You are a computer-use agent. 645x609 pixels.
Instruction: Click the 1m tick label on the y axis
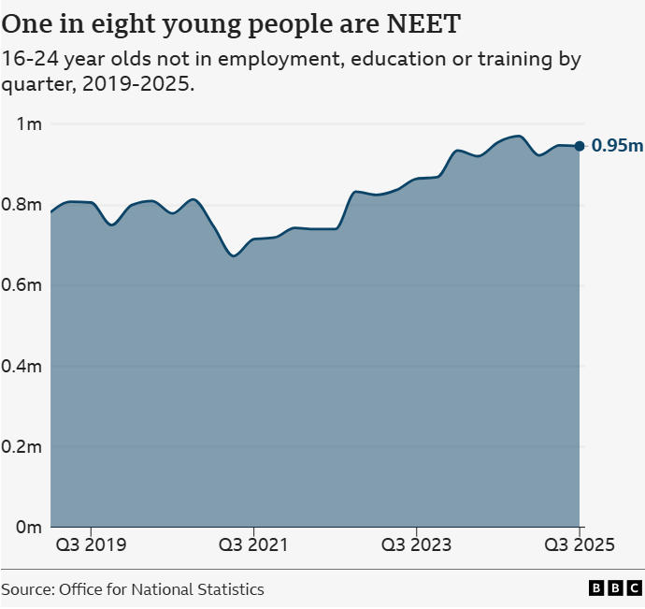(x=31, y=124)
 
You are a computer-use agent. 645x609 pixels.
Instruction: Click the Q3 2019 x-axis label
(x=91, y=545)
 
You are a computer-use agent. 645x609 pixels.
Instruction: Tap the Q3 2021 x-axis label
(x=254, y=545)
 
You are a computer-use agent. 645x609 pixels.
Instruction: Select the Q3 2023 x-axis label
(x=417, y=545)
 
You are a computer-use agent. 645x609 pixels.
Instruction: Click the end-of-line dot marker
(x=580, y=145)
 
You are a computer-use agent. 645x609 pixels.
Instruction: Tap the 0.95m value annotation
(x=617, y=146)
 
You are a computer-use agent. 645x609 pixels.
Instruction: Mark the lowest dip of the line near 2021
(x=234, y=255)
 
